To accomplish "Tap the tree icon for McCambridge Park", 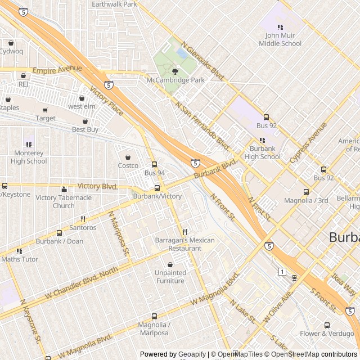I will (x=175, y=71).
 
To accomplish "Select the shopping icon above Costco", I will (x=128, y=157).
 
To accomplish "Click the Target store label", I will (x=46, y=119).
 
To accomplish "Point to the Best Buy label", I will (x=85, y=129).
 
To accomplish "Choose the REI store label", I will (x=23, y=84).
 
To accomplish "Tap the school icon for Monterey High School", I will (x=29, y=145).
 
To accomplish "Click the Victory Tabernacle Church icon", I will (x=64, y=190).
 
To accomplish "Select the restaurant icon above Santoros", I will (x=83, y=219).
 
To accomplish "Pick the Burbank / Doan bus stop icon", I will (x=60, y=233).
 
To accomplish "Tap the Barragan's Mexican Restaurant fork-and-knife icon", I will (x=184, y=232).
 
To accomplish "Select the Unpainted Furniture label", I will (x=170, y=277).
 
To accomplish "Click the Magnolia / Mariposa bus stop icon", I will (x=154, y=317).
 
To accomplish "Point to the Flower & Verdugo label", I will (x=327, y=333).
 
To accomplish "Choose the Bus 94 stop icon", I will (x=154, y=164).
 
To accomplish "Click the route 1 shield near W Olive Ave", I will (x=281, y=272).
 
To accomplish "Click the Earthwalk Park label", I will (x=115, y=4).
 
